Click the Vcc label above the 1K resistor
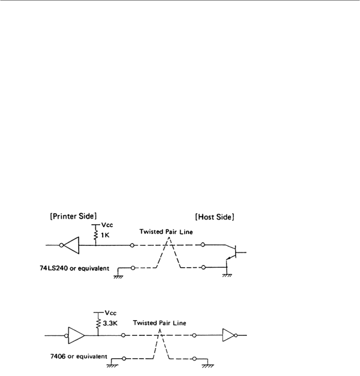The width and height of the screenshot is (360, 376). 103,227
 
